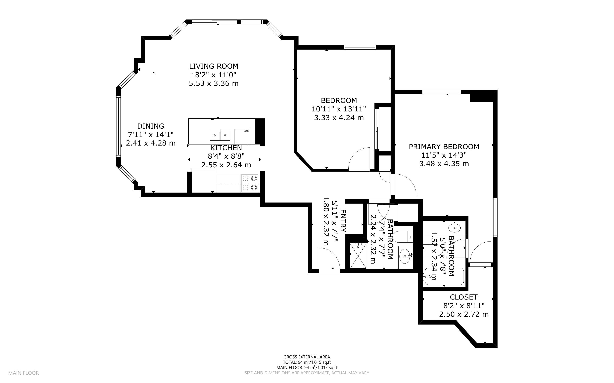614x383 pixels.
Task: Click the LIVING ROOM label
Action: coord(214,66)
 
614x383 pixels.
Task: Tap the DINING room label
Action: coord(151,126)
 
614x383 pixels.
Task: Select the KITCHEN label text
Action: coord(226,148)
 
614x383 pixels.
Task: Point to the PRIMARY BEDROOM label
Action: coord(444,147)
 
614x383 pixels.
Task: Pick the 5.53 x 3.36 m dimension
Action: coord(214,83)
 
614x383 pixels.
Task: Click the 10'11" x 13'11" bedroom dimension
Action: coord(339,109)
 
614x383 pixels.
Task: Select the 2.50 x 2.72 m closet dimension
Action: coord(464,314)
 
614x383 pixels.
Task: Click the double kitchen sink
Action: coord(220,135)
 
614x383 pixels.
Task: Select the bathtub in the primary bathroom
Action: coord(444,276)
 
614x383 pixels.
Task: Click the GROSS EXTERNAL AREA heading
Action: coord(307,357)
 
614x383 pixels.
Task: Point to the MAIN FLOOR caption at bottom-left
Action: coord(24,373)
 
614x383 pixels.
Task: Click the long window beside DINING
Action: coord(118,126)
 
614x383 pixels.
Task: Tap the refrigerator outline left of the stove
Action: coord(204,181)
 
